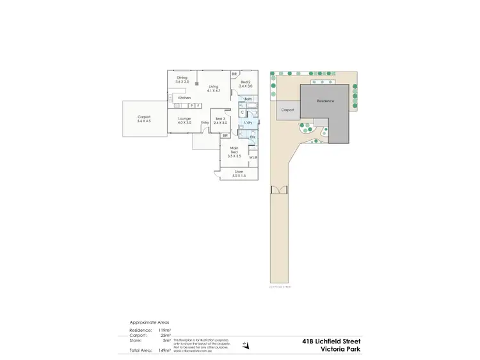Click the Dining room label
pyautogui.click(x=182, y=78)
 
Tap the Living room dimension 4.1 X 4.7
pyautogui.click(x=213, y=91)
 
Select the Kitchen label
pyautogui.click(x=184, y=98)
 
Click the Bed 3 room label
pyautogui.click(x=220, y=119)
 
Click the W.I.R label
pyautogui.click(x=253, y=157)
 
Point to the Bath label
pyautogui.click(x=248, y=99)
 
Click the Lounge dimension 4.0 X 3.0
pyautogui.click(x=184, y=122)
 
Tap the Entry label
pyautogui.click(x=205, y=123)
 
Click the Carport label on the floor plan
pyautogui.click(x=144, y=117)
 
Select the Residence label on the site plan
pyautogui.click(x=325, y=101)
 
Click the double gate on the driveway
pyautogui.click(x=279, y=190)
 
